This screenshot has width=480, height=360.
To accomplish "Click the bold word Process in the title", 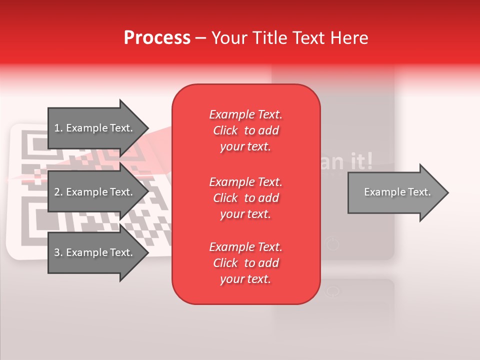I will [157, 38].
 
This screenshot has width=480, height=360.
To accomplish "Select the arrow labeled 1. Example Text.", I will [95, 128].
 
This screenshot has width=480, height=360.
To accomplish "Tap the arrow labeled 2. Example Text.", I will [95, 192].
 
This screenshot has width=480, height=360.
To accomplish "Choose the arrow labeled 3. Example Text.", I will [95, 252].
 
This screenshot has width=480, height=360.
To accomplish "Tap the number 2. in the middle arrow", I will [58, 192].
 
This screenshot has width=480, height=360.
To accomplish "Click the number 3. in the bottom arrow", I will [58, 252].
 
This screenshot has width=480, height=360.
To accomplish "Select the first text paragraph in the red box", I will [245, 130].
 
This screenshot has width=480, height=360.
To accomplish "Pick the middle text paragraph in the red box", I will [245, 197].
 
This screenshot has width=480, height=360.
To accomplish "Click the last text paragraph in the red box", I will [245, 263].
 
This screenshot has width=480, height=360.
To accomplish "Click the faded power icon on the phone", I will [332, 244].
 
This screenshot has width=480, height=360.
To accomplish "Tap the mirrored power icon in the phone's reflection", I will [332, 291].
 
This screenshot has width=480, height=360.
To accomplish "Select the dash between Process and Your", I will [200, 38].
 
